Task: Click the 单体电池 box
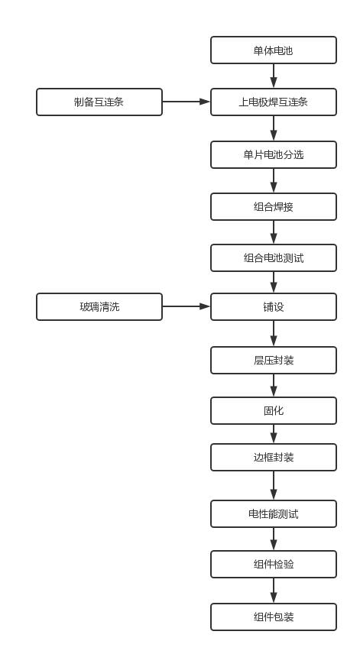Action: tap(273, 50)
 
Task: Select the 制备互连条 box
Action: tap(99, 102)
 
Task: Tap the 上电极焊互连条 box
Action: tap(273, 102)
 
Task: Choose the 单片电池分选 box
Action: tap(273, 154)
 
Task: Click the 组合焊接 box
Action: tap(273, 206)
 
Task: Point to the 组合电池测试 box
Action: tap(273, 257)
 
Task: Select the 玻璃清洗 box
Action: tap(99, 306)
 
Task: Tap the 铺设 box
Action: tap(273, 306)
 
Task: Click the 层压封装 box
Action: tap(273, 360)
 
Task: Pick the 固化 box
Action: tap(273, 410)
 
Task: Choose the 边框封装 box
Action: tap(273, 457)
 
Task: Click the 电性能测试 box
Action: tap(273, 513)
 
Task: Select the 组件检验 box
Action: tap(273, 564)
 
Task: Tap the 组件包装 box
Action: tap(273, 617)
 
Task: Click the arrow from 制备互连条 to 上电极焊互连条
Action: tap(186, 102)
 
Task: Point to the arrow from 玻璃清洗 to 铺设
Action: tap(186, 306)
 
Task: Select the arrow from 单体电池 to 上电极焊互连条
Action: tap(274, 76)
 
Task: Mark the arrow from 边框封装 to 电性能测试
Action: tap(274, 485)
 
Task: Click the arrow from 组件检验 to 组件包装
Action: tap(274, 590)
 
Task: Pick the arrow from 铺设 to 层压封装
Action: tap(274, 333)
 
